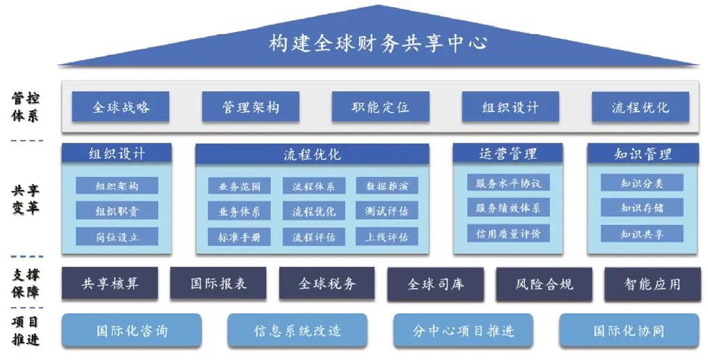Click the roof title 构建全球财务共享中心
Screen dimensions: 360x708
click(377, 43)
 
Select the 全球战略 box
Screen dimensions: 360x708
click(120, 107)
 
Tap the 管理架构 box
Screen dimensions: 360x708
click(251, 107)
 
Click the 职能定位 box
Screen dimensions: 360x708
click(380, 107)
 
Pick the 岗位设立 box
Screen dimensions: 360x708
click(117, 236)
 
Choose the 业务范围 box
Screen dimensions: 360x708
click(239, 186)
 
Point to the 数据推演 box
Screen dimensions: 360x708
click(387, 186)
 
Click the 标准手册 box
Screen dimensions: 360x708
click(239, 237)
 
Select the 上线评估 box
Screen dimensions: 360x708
click(387, 237)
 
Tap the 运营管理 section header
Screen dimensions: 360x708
click(508, 153)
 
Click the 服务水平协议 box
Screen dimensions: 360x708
click(508, 183)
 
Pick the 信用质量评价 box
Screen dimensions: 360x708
click(508, 233)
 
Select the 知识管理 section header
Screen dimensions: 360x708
click(642, 153)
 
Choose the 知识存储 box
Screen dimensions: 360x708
click(642, 208)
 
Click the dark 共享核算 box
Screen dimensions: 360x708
click(110, 283)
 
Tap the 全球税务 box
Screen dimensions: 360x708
click(327, 283)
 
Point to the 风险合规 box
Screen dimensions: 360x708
click(544, 284)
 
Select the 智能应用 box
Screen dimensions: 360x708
click(652, 284)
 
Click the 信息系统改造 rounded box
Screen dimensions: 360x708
click(297, 331)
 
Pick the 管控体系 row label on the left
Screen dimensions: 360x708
click(25, 107)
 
